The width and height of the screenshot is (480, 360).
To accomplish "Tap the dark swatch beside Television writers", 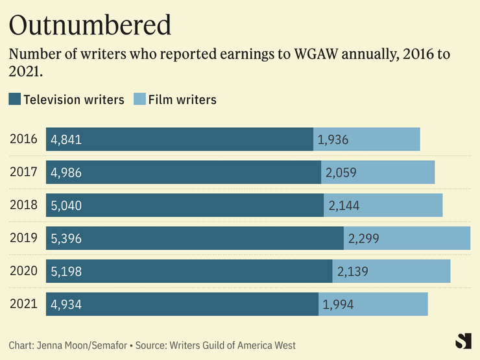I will pos(15,99).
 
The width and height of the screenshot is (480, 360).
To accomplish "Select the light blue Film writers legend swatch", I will pos(139,99).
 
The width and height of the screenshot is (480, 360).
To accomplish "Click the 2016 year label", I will pos(23,139).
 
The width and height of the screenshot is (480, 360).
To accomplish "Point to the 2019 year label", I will pos(23,238).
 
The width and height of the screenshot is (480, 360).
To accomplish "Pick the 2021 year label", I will pos(23,304).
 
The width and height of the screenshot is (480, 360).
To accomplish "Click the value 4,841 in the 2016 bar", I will pos(66,139).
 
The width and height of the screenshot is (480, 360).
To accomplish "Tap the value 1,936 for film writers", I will pos(333,139).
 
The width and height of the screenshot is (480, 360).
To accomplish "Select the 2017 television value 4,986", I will pos(66,173).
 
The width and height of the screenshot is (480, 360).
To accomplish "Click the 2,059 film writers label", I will pos(341,173).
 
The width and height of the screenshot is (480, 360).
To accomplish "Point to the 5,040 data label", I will pos(66,206).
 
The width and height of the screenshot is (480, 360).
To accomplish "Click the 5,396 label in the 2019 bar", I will pos(66,238).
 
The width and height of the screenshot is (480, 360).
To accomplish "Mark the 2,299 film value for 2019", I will pos(363,238).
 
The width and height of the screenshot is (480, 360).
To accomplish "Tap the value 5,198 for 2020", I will pos(66,271).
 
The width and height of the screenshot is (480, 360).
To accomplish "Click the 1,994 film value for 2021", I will pos(339,304).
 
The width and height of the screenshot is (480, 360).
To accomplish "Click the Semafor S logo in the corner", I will pos(463,342).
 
